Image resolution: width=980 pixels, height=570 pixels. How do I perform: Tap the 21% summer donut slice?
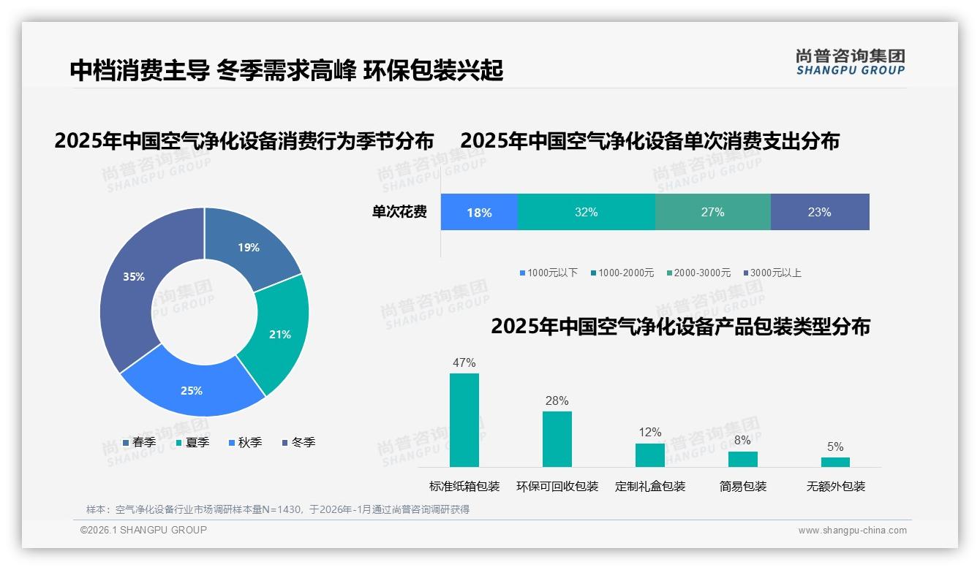[279, 334]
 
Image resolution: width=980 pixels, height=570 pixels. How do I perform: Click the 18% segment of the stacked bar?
[479, 213]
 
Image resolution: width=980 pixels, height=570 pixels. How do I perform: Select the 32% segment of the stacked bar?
[586, 213]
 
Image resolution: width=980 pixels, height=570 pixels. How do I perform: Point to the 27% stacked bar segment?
[712, 213]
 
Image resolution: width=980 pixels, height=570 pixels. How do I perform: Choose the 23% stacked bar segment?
[819, 213]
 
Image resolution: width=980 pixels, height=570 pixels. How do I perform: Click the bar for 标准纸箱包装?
[464, 420]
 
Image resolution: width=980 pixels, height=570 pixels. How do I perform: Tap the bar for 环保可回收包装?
[557, 438]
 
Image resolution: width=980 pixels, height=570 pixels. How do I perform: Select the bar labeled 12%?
[650, 455]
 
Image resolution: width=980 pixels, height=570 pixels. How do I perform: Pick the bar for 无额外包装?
[835, 462]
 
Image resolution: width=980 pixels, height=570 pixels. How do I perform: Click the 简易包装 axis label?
[743, 487]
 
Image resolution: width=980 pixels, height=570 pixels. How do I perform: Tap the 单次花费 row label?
[399, 213]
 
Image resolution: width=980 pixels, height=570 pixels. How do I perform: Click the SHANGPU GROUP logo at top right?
[850, 62]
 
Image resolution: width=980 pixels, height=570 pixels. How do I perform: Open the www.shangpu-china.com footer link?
[852, 531]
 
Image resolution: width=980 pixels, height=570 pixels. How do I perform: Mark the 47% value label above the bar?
[464, 362]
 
